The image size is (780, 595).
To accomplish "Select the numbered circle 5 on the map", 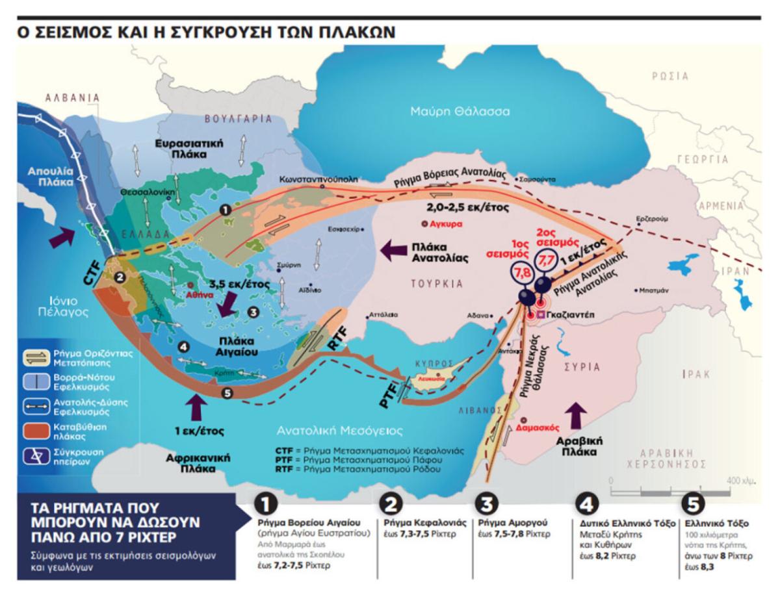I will (x=226, y=392).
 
